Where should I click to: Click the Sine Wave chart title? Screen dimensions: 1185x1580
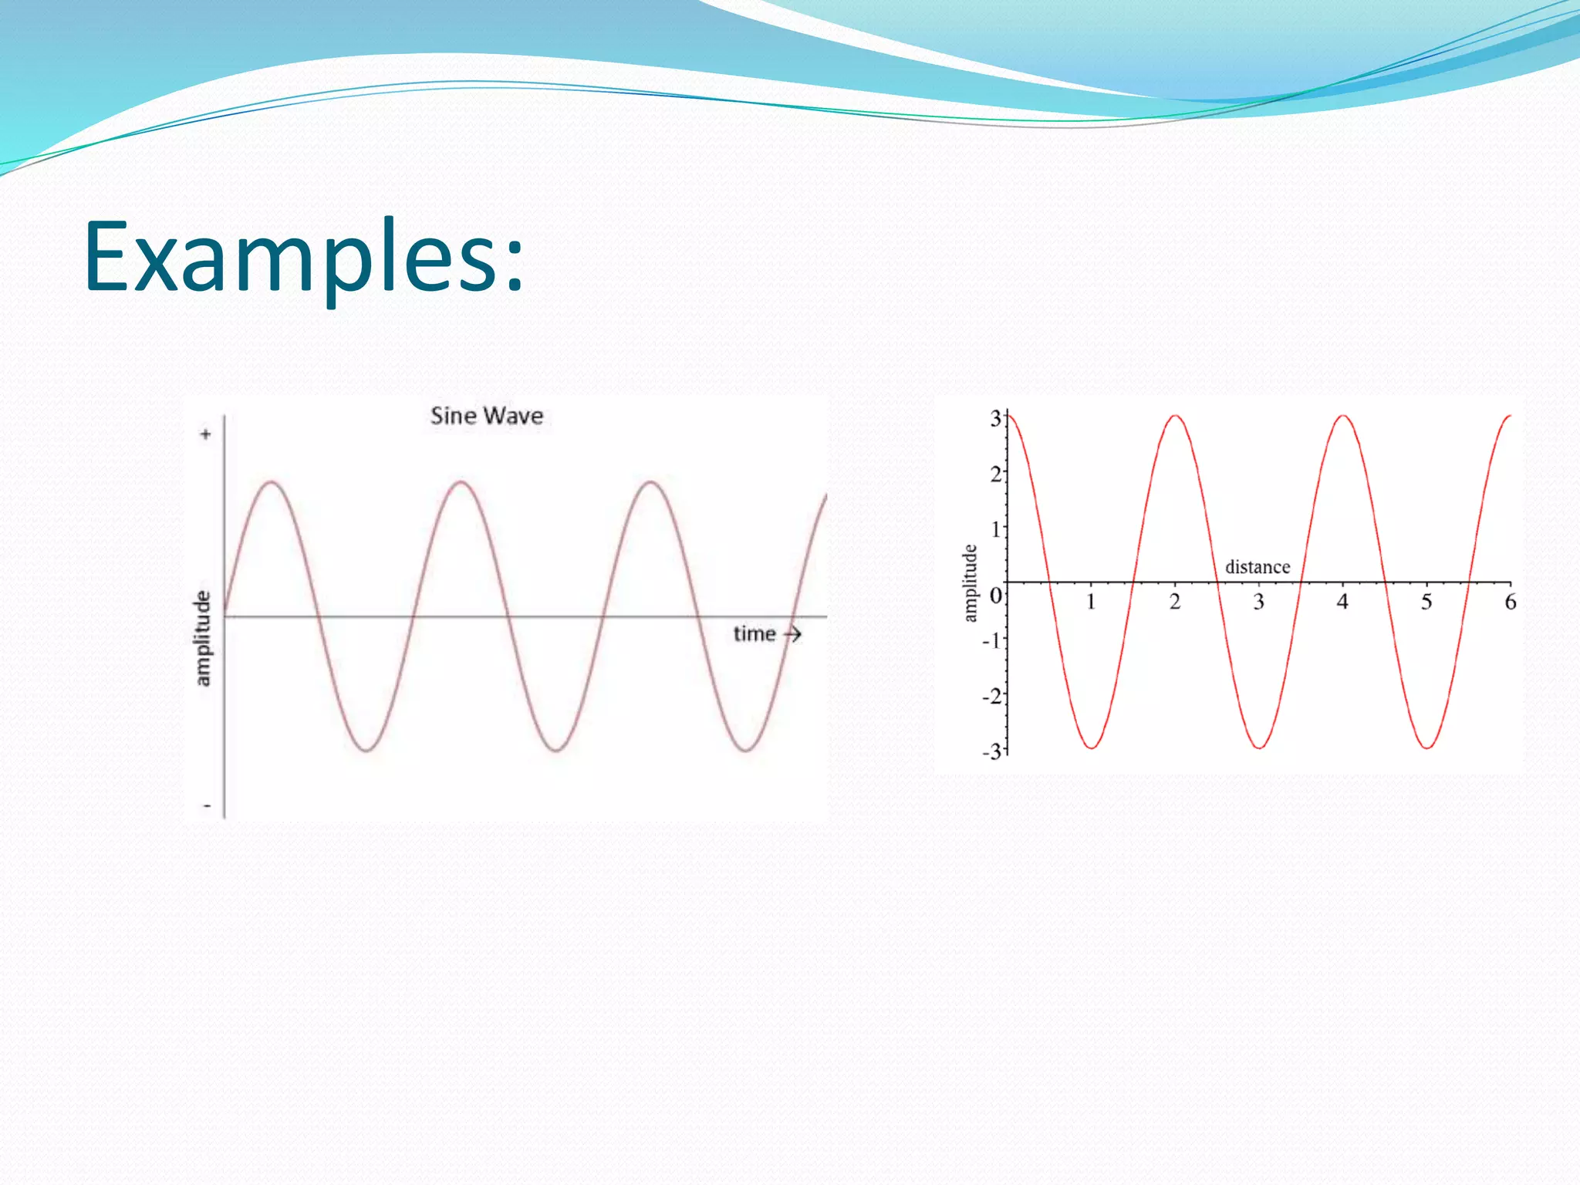point(486,416)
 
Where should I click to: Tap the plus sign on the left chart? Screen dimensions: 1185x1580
point(205,434)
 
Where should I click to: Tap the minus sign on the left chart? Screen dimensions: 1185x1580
point(207,806)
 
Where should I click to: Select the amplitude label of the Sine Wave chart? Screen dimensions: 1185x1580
point(202,638)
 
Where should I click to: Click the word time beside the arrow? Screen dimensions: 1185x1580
point(754,634)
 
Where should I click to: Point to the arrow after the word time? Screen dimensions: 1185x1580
point(793,634)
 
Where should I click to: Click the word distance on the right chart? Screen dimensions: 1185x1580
point(1257,567)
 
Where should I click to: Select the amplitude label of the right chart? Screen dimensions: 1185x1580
point(970,583)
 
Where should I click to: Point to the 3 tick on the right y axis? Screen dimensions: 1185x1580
point(995,419)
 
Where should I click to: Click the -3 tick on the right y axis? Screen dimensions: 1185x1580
point(991,751)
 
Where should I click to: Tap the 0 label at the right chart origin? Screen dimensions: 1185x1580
point(995,596)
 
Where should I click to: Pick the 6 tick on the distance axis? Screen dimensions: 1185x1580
point(1510,602)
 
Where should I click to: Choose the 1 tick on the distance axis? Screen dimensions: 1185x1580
point(1091,602)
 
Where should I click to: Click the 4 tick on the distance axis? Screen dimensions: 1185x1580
point(1342,602)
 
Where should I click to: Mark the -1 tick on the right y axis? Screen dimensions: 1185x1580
point(991,640)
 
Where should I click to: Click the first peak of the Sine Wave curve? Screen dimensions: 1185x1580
point(272,483)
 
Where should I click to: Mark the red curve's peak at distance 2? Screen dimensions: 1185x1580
point(1175,417)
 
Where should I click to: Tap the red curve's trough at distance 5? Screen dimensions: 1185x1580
point(1426,747)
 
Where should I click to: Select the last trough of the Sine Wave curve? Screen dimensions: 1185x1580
point(746,750)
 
